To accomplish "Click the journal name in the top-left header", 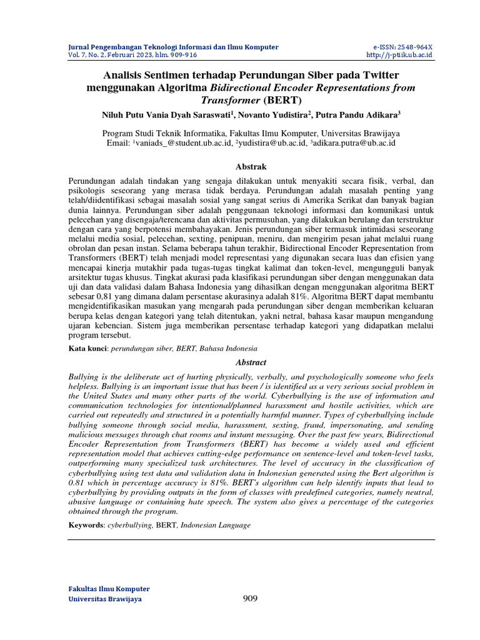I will pyautogui.click(x=173, y=47).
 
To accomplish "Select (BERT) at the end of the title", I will pyautogui.click(x=282, y=100).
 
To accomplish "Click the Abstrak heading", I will pyautogui.click(x=250, y=167).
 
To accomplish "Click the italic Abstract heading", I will pyautogui.click(x=251, y=362).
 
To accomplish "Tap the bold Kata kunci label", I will pyautogui.click(x=87, y=349).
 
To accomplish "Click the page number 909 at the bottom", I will pyautogui.click(x=250, y=599).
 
